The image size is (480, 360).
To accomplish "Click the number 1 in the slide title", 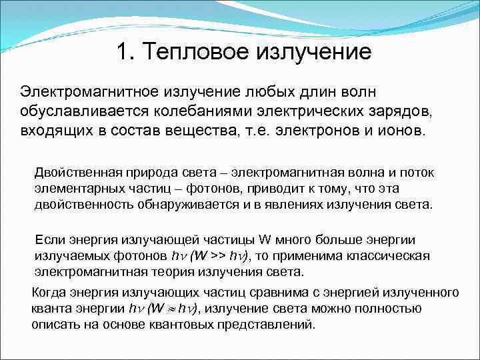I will (x=121, y=51).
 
